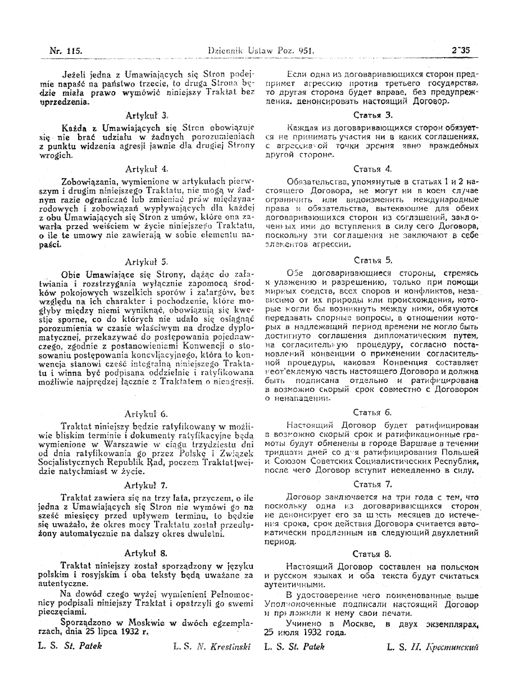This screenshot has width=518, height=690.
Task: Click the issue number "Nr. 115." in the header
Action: pos(66,51)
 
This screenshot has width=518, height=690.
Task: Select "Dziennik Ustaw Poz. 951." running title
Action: pos(260,51)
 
